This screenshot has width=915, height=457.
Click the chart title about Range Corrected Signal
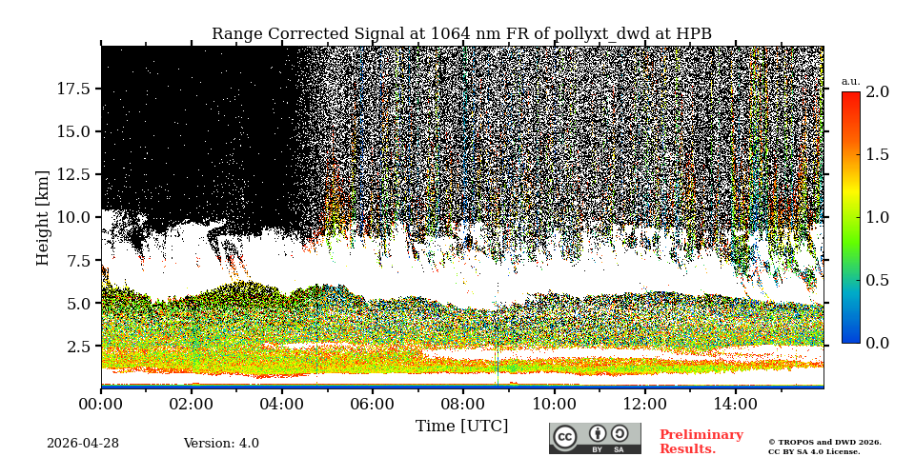(x=461, y=34)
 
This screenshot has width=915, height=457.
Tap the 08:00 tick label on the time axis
(x=463, y=404)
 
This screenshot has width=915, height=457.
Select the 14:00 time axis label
(x=736, y=404)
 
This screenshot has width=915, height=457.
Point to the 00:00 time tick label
(x=101, y=404)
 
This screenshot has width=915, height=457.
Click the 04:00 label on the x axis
(x=282, y=404)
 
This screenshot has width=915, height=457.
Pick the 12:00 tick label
(x=645, y=404)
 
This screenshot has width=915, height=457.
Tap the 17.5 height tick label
(x=73, y=89)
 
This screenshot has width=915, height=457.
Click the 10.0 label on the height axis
(x=73, y=217)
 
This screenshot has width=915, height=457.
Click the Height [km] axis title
(x=43, y=217)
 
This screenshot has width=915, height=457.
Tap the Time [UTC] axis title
(x=461, y=426)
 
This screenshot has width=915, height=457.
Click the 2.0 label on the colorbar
(x=877, y=92)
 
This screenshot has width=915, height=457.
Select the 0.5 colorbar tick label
(x=877, y=280)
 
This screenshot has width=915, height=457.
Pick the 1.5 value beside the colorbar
(x=877, y=154)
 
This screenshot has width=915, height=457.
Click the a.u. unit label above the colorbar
(x=850, y=81)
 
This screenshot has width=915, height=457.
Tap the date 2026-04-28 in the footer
(x=83, y=444)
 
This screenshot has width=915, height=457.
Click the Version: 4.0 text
(x=221, y=444)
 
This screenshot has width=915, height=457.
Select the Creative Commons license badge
(x=595, y=438)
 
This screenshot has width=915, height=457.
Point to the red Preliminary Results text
(x=701, y=442)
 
